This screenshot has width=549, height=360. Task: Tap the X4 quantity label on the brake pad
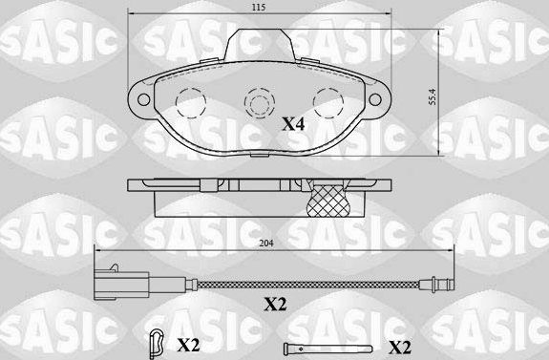(x=294, y=123)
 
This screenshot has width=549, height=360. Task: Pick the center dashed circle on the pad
(x=258, y=101)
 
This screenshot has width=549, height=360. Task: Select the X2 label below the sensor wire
(x=274, y=305)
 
